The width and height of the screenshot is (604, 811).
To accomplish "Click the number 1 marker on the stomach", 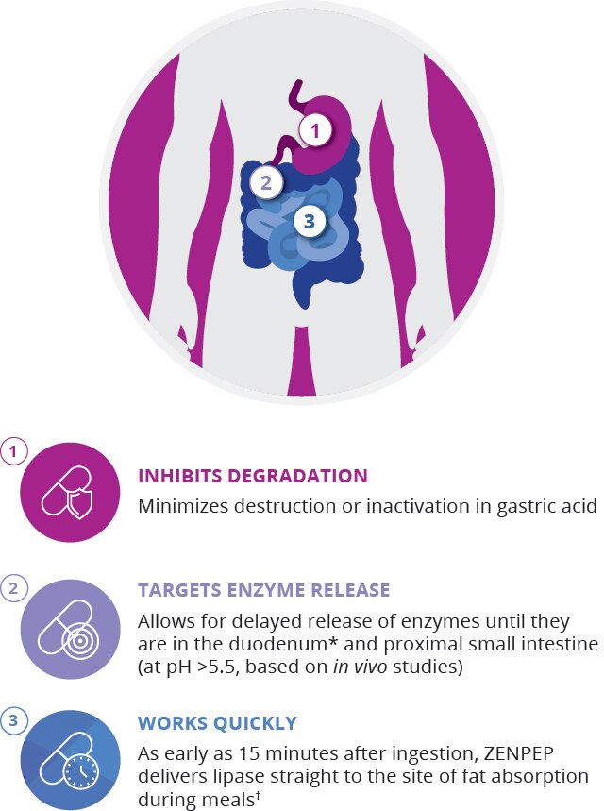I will [x=316, y=130].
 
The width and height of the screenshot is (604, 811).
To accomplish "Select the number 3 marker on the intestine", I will [x=310, y=223].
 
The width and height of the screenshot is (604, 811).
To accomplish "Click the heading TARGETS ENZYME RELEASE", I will [x=263, y=591].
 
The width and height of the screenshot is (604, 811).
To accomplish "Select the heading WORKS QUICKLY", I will [x=217, y=724].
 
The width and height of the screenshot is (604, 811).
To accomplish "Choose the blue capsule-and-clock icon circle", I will [x=70, y=752].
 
